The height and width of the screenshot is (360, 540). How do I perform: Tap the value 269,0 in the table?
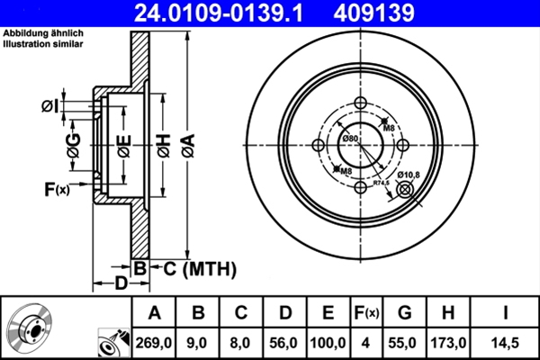(x=155, y=342)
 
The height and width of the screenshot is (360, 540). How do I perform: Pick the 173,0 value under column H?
(x=447, y=342)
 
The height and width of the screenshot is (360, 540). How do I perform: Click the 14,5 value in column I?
(x=504, y=342)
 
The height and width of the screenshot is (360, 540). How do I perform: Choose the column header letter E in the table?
(x=328, y=313)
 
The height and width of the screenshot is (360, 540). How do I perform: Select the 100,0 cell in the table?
(x=328, y=342)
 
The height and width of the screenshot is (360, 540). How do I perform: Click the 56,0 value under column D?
(x=285, y=342)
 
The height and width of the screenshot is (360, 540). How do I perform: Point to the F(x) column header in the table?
(x=367, y=313)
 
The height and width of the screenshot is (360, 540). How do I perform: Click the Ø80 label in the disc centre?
(x=350, y=138)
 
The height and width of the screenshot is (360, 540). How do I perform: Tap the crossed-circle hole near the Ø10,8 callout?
(x=404, y=188)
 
